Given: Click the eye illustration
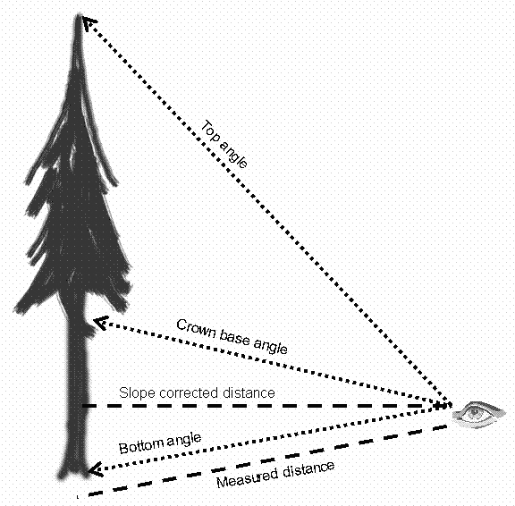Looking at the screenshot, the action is tap(477, 414).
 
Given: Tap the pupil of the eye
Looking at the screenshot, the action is tap(474, 412).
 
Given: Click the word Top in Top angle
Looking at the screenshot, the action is tap(209, 131).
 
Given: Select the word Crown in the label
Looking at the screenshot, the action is tap(196, 329).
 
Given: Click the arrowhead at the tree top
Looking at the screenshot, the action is tap(89, 23).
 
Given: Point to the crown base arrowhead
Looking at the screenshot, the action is tap(101, 323).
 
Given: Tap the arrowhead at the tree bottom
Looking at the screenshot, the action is tap(96, 469).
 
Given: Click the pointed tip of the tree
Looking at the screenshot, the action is tap(79, 14).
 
